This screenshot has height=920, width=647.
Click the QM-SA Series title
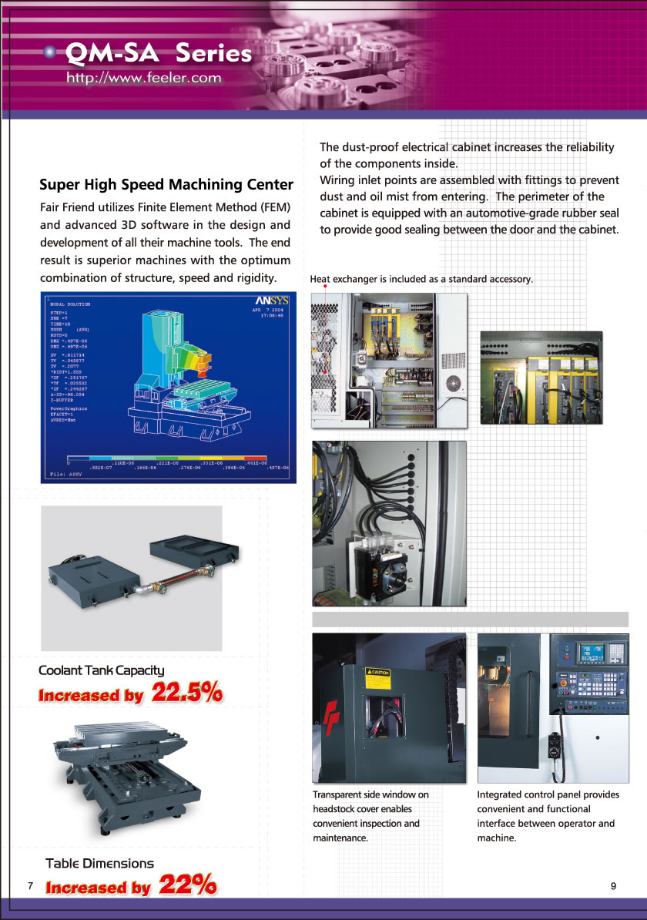[x=159, y=53]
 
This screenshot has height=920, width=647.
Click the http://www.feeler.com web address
[x=144, y=78]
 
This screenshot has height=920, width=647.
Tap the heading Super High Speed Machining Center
[x=166, y=185]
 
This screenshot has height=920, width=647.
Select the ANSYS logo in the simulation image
[x=271, y=301]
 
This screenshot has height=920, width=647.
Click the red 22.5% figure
[x=187, y=693]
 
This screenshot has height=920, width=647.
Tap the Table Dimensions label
[x=99, y=864]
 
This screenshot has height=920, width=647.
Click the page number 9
[x=613, y=886]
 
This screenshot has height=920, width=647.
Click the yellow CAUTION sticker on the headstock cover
[x=377, y=673]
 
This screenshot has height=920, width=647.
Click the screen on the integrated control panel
[x=592, y=654]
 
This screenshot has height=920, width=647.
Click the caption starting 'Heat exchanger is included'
[x=421, y=279]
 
